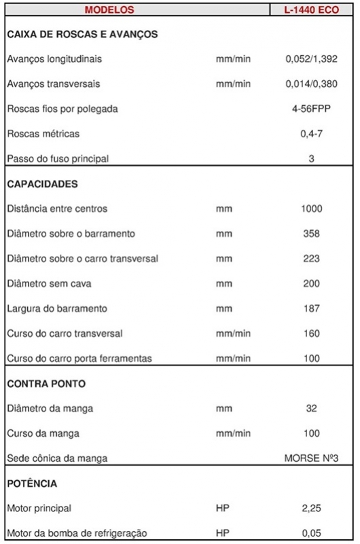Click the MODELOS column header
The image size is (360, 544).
[109, 10]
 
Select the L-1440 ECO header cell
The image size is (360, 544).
[311, 10]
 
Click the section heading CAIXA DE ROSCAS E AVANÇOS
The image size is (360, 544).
[82, 34]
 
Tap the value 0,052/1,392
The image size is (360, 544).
[311, 59]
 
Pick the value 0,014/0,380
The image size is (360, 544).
[311, 84]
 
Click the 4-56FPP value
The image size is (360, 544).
[311, 109]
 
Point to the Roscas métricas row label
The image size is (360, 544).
[43, 134]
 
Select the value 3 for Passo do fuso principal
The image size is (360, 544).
[311, 159]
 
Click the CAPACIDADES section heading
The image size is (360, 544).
[42, 184]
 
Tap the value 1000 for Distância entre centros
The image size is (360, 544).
[311, 209]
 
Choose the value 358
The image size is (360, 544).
[311, 234]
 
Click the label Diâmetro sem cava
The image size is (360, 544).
[50, 284]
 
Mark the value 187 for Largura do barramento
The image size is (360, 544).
[311, 309]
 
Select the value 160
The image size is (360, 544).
[311, 334]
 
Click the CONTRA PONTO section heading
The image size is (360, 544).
[46, 384]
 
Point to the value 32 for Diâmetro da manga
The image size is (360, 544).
[311, 409]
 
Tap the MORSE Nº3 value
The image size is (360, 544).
[311, 458]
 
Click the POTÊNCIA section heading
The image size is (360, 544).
[32, 484]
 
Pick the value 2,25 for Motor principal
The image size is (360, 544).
[311, 509]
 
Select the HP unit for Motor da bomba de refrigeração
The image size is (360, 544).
[222, 533]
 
